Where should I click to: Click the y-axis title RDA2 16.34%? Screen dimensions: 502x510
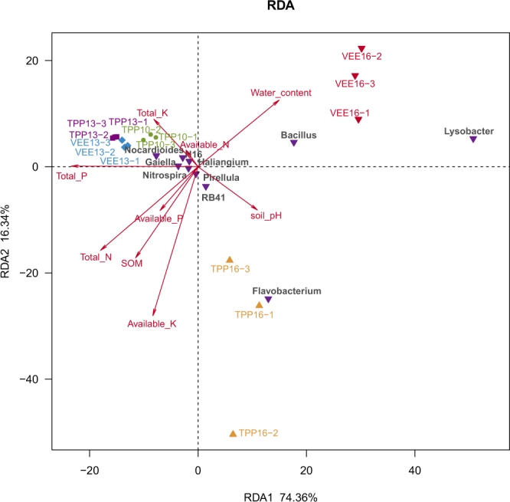click(x=8, y=241)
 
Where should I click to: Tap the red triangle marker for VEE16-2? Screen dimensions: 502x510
click(x=361, y=49)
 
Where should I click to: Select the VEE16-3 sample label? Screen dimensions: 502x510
click(x=355, y=84)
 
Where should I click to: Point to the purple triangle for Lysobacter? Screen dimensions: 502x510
click(x=473, y=139)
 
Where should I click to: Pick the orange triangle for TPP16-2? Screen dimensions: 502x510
click(x=234, y=434)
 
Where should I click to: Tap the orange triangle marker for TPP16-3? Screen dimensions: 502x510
click(x=230, y=260)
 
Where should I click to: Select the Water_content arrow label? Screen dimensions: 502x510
click(x=281, y=93)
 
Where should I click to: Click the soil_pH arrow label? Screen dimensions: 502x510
click(x=266, y=215)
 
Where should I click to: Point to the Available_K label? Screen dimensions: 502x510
click(x=152, y=323)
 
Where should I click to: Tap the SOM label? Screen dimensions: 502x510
click(x=132, y=263)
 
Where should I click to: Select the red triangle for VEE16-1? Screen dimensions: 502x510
click(x=358, y=120)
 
